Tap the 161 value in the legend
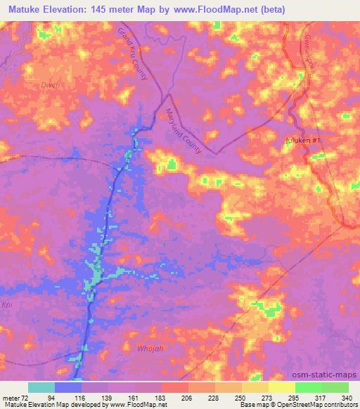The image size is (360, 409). click(135, 398)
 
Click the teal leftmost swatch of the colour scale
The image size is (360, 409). click(41, 387)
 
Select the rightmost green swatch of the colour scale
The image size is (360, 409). click(335, 387)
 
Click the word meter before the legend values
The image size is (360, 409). click(12, 398)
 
